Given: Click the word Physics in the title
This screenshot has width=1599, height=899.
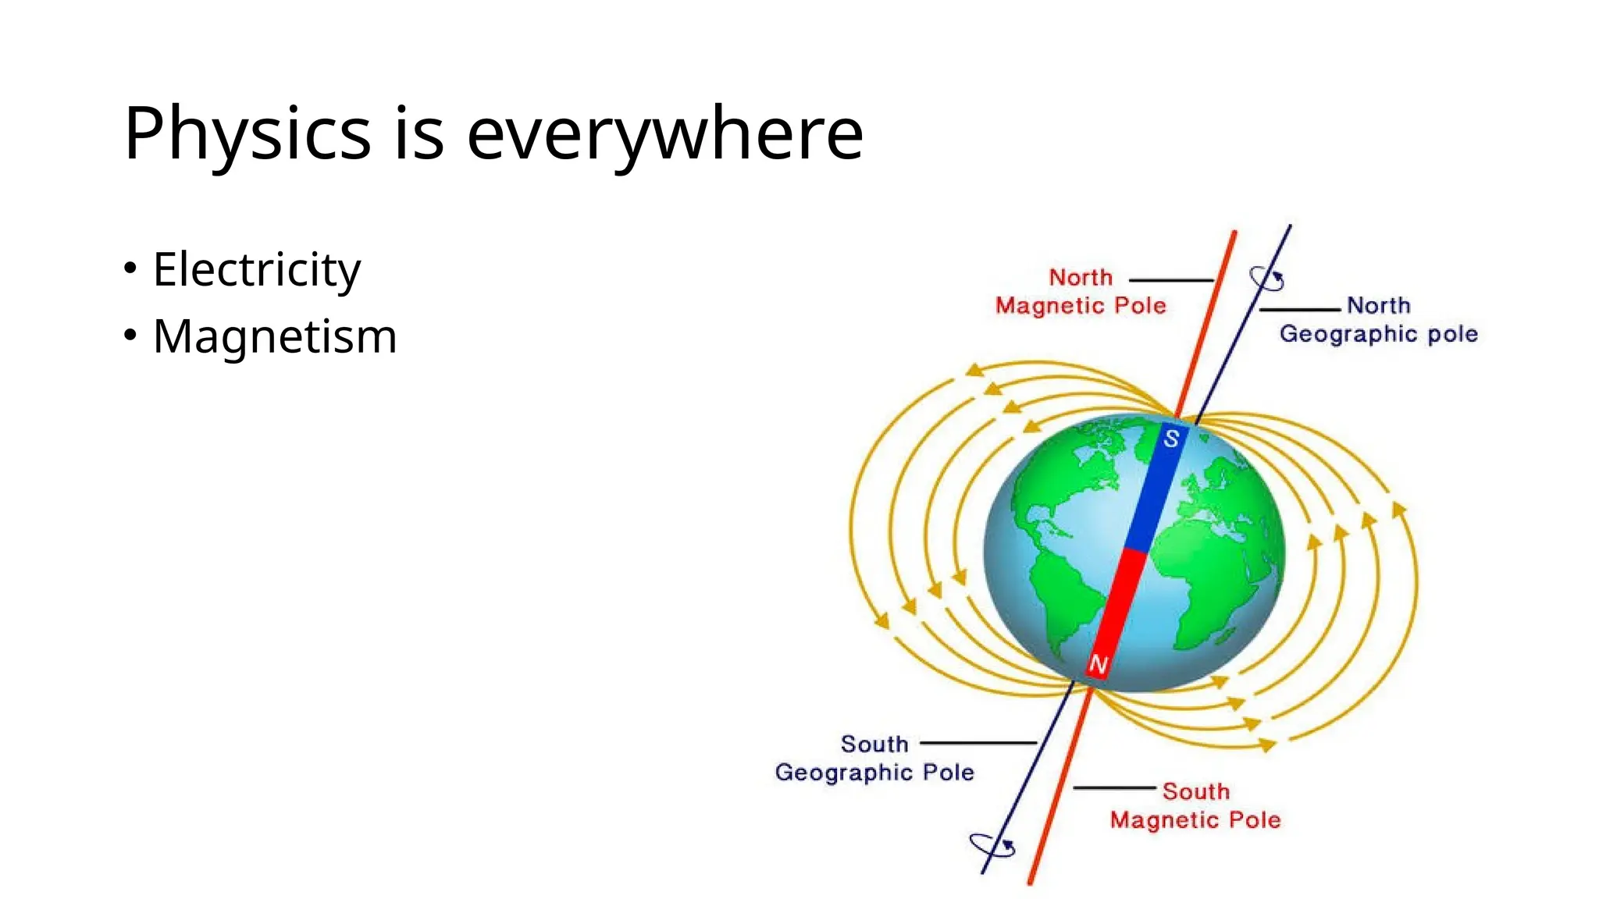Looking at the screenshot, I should [x=247, y=133].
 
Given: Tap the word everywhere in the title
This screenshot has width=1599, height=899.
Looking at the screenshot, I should [x=664, y=133].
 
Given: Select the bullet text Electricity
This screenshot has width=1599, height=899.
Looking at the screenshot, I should [x=256, y=269].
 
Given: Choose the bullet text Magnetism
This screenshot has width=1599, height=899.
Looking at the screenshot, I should [x=275, y=336].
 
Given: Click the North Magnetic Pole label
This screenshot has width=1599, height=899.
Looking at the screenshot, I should [x=1081, y=292].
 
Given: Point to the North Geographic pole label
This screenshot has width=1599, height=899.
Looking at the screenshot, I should [x=1378, y=320].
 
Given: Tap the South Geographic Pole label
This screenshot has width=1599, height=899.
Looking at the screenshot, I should [x=874, y=759].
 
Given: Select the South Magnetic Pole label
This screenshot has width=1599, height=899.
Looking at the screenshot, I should [x=1195, y=806].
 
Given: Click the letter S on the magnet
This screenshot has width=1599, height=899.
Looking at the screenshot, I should [x=1171, y=439].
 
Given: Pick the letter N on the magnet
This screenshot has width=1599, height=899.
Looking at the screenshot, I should [x=1098, y=665].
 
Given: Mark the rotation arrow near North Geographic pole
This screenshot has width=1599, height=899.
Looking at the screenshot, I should [x=1266, y=279].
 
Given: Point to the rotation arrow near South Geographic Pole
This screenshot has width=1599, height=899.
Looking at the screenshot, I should [x=992, y=845].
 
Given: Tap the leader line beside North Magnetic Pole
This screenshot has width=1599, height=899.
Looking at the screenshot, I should [x=1171, y=279].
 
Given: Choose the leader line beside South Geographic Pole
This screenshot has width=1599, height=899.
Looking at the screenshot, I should [x=978, y=743].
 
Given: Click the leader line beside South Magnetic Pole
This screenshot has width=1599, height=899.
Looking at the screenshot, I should [x=1114, y=788].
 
